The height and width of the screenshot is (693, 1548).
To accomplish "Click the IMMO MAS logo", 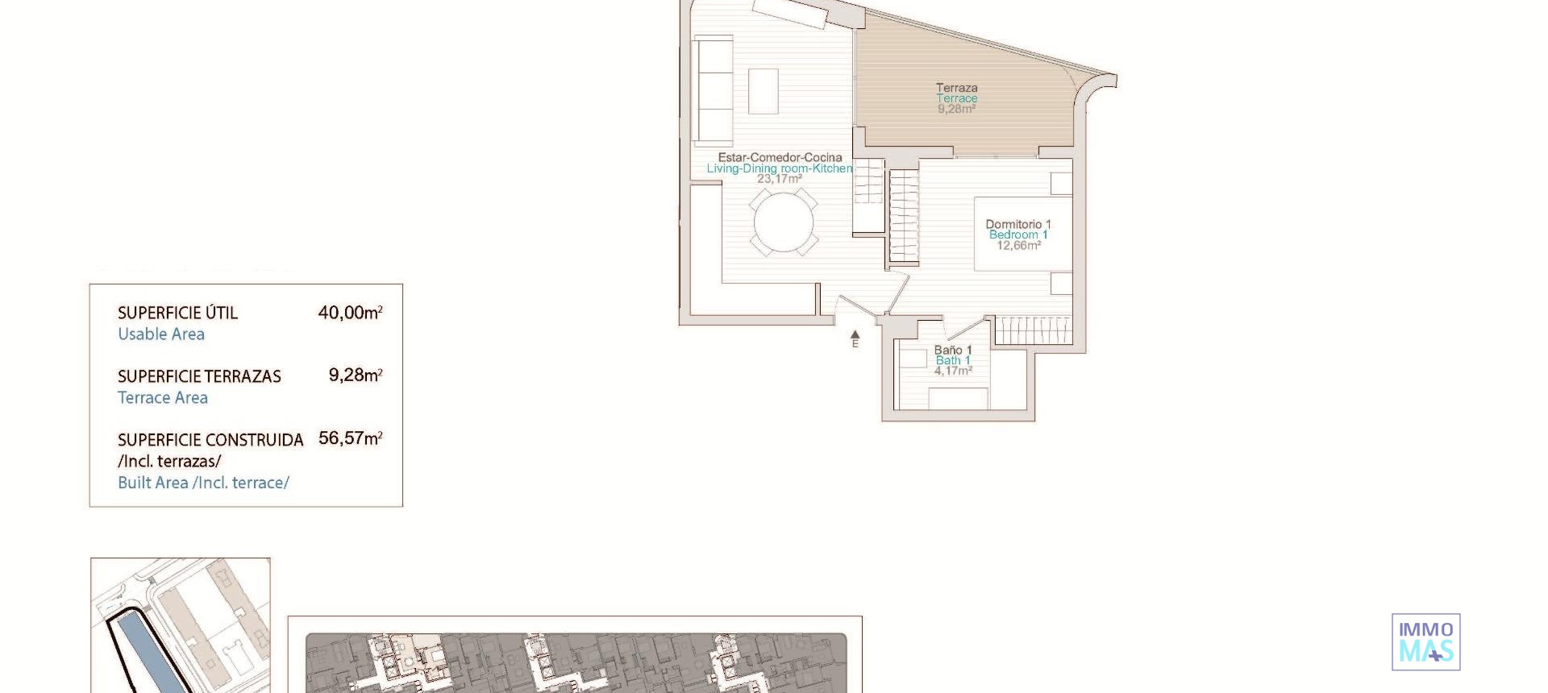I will (x=1425, y=641).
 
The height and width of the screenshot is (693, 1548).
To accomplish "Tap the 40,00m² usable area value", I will (x=350, y=313).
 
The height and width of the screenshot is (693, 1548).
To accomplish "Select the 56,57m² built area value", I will (x=350, y=438).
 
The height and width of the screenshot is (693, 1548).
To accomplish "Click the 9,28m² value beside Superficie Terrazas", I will (x=355, y=376).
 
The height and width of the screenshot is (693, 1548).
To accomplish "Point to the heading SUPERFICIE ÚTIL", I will (x=177, y=313).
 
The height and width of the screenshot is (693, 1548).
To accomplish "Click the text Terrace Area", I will (x=163, y=398).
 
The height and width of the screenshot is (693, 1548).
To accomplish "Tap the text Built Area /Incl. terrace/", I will (x=203, y=483).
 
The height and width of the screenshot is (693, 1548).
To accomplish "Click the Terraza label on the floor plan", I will (x=956, y=88).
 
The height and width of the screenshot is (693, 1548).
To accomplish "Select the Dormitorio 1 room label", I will (x=1017, y=224).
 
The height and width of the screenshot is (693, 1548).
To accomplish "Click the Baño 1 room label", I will (x=953, y=350).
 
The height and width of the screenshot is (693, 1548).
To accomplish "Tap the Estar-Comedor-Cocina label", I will (x=780, y=157).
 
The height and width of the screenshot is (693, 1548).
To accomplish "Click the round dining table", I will (x=784, y=222).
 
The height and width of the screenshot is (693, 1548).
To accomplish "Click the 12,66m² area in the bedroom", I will (x=1018, y=246).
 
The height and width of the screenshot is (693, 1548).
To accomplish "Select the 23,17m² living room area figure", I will (x=779, y=179).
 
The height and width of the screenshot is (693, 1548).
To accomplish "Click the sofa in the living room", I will (x=714, y=90).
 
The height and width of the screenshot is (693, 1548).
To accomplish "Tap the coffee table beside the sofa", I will (x=764, y=91).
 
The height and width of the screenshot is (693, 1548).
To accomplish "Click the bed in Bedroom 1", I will (x=1022, y=234).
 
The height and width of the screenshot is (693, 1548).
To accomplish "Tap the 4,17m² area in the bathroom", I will (x=953, y=371).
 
